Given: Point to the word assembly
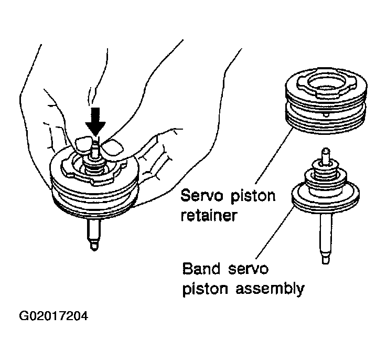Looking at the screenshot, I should [x=273, y=288].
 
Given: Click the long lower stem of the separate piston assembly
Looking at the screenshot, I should [x=324, y=236].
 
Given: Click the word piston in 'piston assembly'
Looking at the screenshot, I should [x=204, y=288].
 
